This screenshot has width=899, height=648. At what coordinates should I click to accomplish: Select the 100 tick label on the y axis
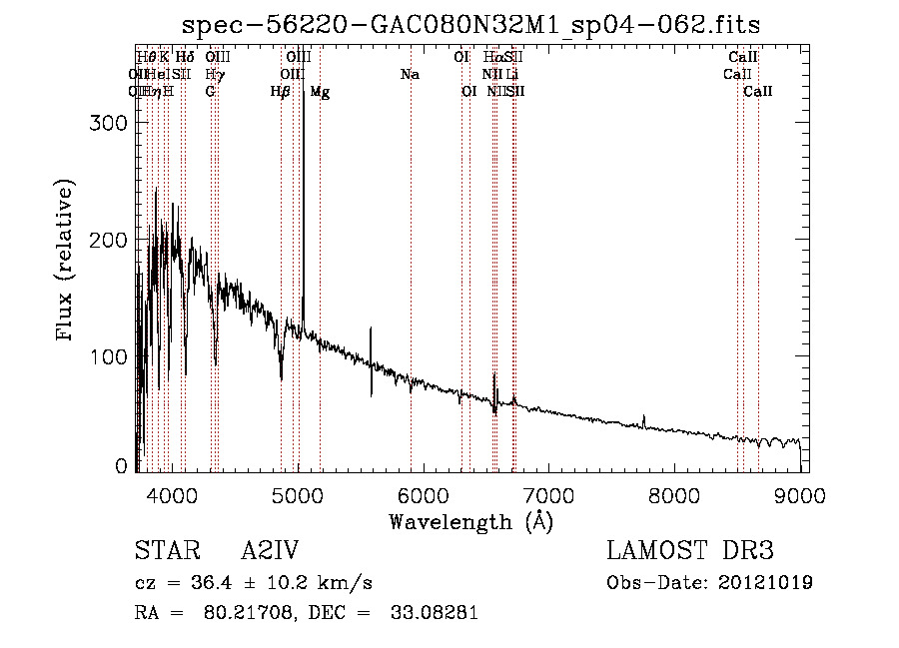coord(112,356)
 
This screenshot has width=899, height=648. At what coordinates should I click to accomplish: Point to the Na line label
coord(410,75)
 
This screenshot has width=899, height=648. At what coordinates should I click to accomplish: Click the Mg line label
coord(320,92)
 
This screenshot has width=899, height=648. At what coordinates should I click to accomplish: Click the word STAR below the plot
coord(160,551)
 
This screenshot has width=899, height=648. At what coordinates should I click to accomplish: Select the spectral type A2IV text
coord(270,551)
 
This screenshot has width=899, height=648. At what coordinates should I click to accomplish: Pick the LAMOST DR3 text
coord(689,551)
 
